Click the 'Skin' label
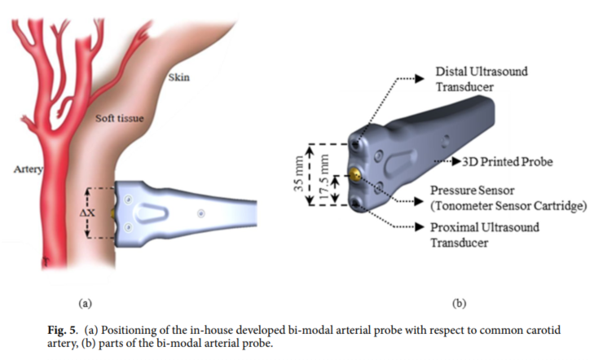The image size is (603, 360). (178, 77)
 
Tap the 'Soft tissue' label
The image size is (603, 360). (120, 118)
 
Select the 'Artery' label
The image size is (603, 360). (28, 169)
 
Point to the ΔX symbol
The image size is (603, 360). (87, 213)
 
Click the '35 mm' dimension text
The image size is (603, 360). (299, 173)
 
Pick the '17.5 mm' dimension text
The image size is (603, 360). (324, 177)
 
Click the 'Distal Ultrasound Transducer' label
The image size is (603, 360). (482, 79)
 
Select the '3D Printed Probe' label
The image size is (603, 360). (507, 162)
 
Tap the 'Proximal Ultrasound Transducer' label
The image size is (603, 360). (485, 235)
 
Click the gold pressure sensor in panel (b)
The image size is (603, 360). (356, 175)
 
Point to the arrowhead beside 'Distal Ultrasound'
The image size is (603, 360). (420, 79)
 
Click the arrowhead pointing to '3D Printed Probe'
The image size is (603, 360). (456, 161)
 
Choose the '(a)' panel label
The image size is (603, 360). (86, 304)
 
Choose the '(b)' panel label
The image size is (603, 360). (459, 304)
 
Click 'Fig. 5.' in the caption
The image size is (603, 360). (63, 331)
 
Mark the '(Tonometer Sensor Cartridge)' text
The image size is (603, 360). (508, 206)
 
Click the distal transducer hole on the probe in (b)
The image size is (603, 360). (355, 145)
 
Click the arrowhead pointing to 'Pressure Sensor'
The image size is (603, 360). (419, 201)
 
